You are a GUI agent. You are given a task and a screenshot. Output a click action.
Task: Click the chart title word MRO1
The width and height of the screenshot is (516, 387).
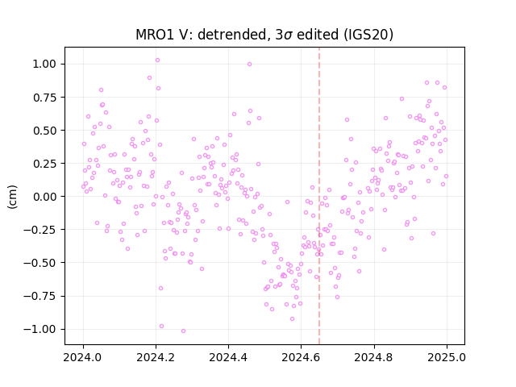click(x=154, y=35)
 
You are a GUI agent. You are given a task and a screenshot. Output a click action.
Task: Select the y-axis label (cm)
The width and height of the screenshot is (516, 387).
click(x=12, y=197)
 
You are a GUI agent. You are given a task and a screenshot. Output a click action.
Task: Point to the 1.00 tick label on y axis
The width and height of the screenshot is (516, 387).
click(x=44, y=64)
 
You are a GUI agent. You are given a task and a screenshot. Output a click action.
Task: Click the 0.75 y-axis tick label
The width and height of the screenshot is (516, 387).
click(x=44, y=98)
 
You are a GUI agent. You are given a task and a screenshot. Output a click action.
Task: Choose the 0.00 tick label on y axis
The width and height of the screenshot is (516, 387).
click(x=44, y=197)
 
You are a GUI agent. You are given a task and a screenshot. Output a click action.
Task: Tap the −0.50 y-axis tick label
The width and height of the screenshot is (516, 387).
click(x=40, y=263)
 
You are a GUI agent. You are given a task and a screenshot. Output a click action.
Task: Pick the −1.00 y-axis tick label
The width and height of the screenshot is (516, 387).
click(x=40, y=329)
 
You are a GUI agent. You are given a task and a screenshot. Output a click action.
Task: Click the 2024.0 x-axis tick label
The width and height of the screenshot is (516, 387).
click(x=83, y=357)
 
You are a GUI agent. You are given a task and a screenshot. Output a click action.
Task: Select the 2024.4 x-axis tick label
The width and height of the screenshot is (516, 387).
click(x=228, y=357)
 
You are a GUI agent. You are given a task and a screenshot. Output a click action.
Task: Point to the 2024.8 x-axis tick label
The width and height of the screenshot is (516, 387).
click(x=374, y=357)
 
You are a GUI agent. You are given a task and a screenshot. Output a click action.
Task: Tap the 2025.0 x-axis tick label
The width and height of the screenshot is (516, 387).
click(x=447, y=357)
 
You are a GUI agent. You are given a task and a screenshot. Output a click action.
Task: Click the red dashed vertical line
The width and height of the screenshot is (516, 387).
click(x=319, y=196)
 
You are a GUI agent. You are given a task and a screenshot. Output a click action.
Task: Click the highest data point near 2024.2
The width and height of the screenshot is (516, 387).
click(x=158, y=60)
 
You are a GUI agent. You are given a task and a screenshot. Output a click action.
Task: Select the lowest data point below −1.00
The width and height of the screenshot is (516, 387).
click(x=183, y=331)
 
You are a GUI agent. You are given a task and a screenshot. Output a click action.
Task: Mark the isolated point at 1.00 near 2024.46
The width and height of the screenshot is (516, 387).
click(x=249, y=64)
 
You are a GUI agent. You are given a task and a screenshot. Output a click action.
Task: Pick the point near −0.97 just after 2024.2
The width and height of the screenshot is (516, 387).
click(x=161, y=326)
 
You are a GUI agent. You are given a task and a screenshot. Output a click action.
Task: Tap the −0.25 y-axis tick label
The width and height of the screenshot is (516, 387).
click(x=40, y=230)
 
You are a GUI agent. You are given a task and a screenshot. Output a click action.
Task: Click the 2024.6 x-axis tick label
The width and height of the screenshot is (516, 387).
click(x=301, y=357)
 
